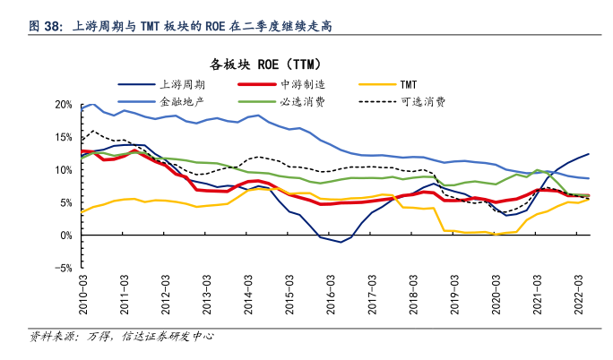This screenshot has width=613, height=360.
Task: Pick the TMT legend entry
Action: pos(409,84)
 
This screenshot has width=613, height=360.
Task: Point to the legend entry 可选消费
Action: pos(421,101)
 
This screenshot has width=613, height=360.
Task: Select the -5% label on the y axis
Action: pos(62,268)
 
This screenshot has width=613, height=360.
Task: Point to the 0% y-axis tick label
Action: pos(65,235)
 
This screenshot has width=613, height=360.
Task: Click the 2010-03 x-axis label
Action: pos(86,292)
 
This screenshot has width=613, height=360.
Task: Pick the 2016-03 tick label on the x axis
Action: pos(331,292)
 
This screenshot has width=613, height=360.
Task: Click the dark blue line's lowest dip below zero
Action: pos(341,242)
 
